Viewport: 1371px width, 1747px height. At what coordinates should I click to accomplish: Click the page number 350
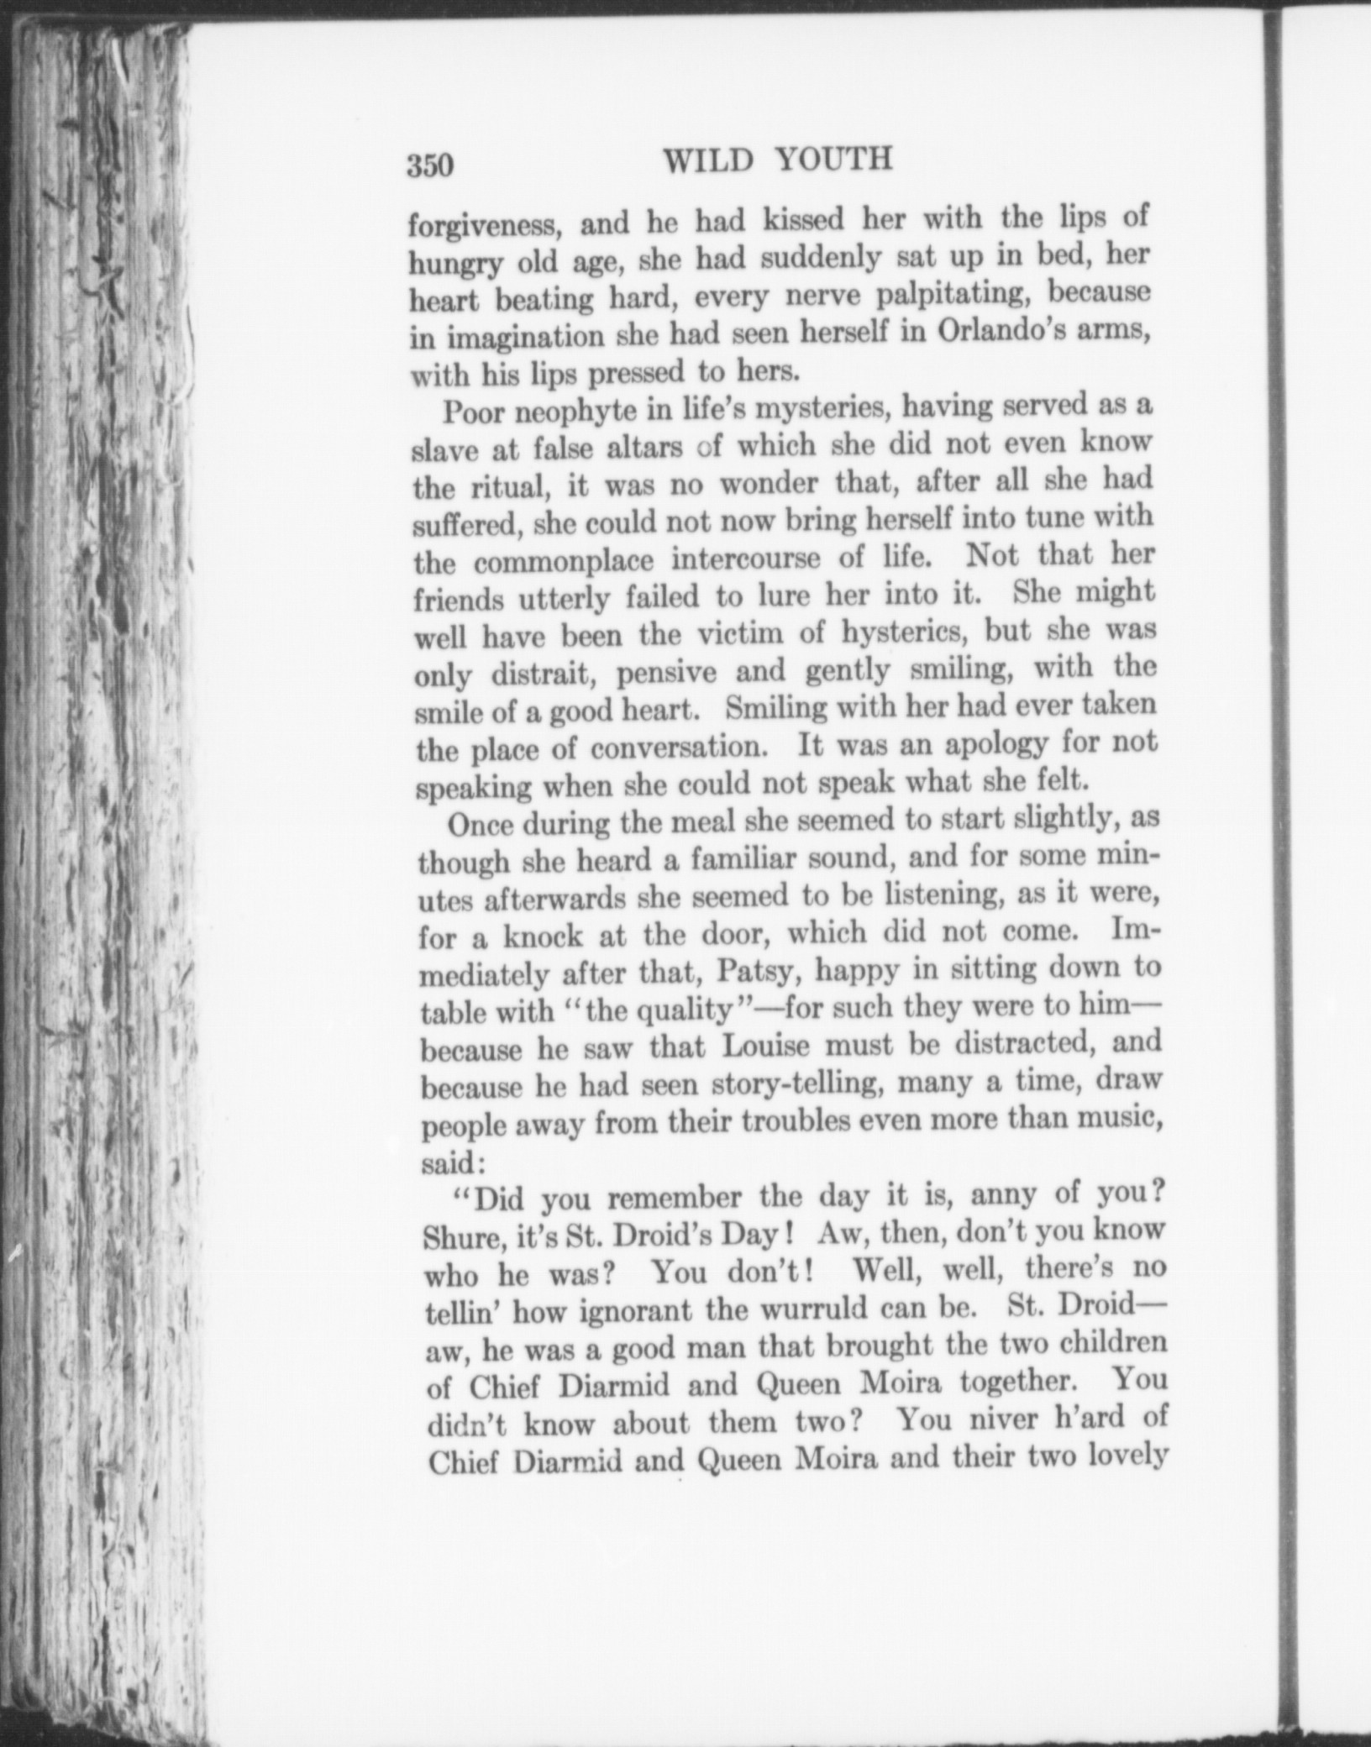pos(430,165)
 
